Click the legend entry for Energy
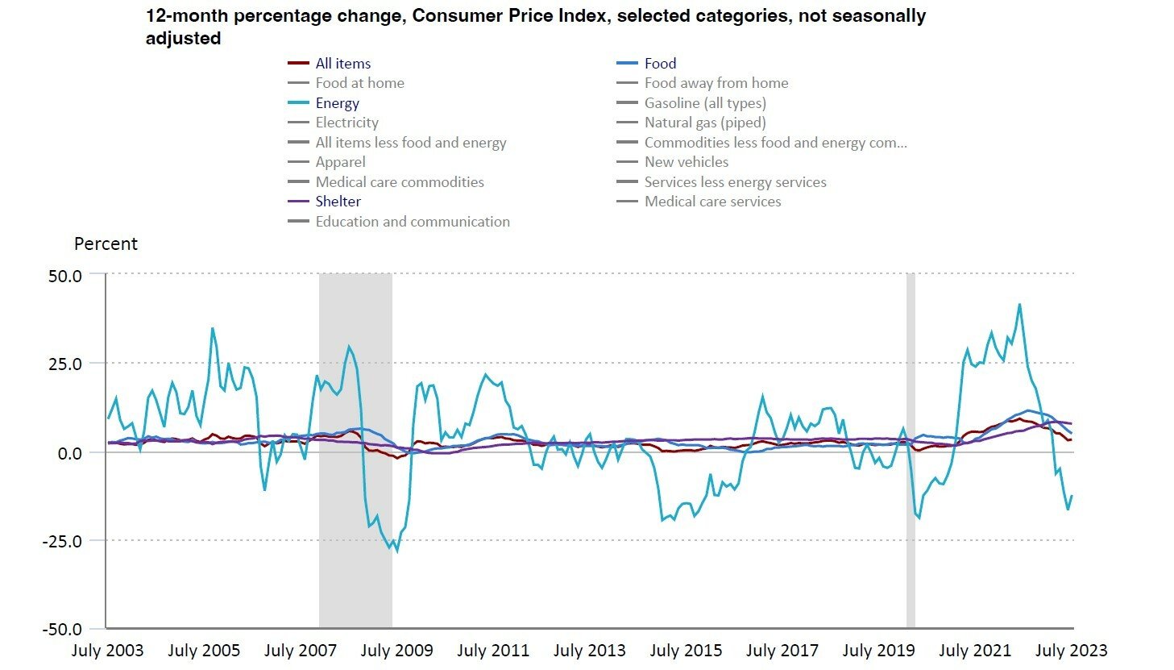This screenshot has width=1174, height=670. pyautogui.click(x=323, y=102)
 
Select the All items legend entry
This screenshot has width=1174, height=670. pyautogui.click(x=329, y=64)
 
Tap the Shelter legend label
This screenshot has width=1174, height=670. pyautogui.click(x=338, y=202)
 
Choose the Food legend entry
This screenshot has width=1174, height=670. pyautogui.click(x=646, y=64)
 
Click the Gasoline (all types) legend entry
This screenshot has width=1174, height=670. pyautogui.click(x=691, y=102)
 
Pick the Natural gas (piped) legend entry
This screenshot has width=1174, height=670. pyautogui.click(x=691, y=123)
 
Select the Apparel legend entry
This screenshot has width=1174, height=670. pyautogui.click(x=326, y=162)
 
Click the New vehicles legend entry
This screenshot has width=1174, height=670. pyautogui.click(x=673, y=162)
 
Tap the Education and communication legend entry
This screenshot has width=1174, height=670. pyautogui.click(x=399, y=221)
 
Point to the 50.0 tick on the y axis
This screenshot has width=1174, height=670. pyautogui.click(x=65, y=277)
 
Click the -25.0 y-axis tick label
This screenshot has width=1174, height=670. pyautogui.click(x=62, y=541)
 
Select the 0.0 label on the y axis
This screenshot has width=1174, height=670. pyautogui.click(x=70, y=453)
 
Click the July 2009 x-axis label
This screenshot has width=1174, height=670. pyautogui.click(x=396, y=651)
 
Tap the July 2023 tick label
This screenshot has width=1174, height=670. pyautogui.click(x=1071, y=651)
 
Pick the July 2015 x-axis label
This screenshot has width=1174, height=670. pyautogui.click(x=686, y=651)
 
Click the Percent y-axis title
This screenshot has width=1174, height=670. pyautogui.click(x=106, y=243)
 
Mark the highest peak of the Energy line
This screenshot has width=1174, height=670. pyautogui.click(x=1019, y=304)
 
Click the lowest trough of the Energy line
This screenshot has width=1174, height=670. pyautogui.click(x=396, y=551)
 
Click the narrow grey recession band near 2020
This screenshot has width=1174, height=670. pyautogui.click(x=911, y=451)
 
